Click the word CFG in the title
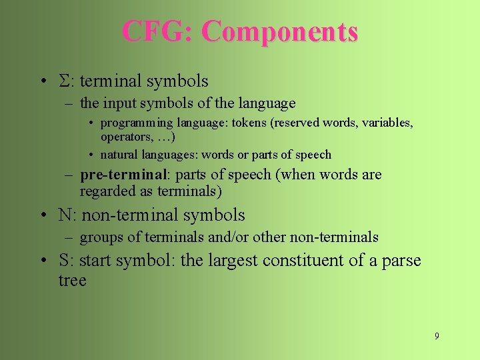pyautogui.click(x=156, y=31)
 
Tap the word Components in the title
pyautogui.click(x=279, y=31)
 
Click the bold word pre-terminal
pyautogui.click(x=121, y=175)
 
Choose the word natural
pyautogui.click(x=120, y=155)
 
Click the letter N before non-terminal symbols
pyautogui.click(x=65, y=215)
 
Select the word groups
pyautogui.click(x=100, y=237)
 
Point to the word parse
pyautogui.click(x=401, y=261)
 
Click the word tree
pyautogui.click(x=72, y=281)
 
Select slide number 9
pyautogui.click(x=437, y=336)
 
